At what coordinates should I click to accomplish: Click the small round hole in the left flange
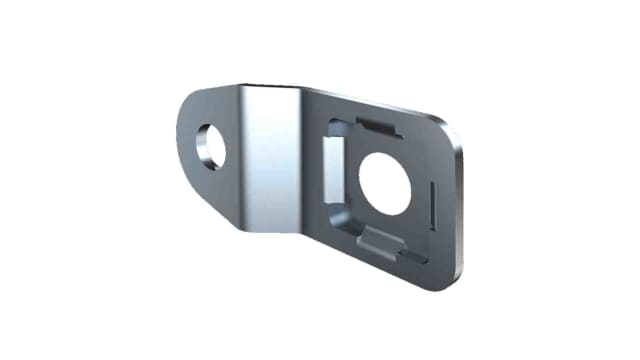(211, 146)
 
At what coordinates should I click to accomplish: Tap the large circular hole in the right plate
(385, 181)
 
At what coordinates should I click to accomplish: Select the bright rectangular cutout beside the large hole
(333, 165)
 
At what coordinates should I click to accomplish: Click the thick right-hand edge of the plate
(463, 210)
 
